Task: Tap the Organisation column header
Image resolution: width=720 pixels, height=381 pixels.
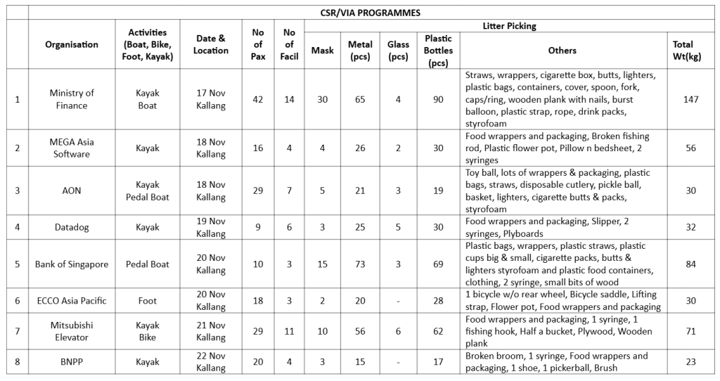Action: pos(72,44)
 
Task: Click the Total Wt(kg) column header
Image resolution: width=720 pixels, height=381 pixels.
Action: pos(682,50)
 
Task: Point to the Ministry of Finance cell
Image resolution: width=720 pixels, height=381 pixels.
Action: pos(72,99)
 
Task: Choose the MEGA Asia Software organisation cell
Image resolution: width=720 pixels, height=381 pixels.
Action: pos(72,148)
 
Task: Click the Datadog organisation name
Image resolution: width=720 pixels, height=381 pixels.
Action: pos(72,227)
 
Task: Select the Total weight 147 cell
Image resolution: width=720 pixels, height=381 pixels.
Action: pos(690,99)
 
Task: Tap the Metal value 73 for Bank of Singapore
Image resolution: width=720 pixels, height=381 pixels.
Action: pos(360,264)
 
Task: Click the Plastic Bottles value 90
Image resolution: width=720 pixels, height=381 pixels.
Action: pos(438,99)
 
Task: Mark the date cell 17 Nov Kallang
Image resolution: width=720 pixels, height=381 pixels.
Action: pos(211,99)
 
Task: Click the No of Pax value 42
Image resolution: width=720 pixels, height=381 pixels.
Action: pos(258,99)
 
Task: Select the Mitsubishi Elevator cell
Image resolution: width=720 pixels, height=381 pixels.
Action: pos(72,331)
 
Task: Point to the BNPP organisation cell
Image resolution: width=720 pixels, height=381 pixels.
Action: pos(72,362)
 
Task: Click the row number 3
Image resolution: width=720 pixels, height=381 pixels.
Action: pos(17,190)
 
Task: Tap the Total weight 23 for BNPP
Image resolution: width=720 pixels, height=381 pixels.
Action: pos(690,362)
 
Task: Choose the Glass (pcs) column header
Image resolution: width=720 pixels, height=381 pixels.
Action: pos(398,50)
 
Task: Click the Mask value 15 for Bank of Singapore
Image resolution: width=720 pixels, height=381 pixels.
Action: pos(323,264)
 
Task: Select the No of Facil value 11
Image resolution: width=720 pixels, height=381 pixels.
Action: pos(288,331)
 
